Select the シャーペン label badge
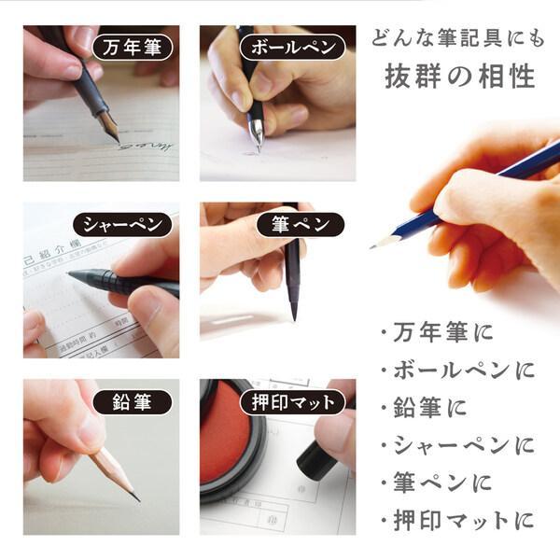(x=122, y=225)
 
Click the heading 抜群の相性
(x=461, y=77)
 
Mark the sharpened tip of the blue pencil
(x=374, y=245)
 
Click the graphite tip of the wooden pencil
(x=136, y=497)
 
